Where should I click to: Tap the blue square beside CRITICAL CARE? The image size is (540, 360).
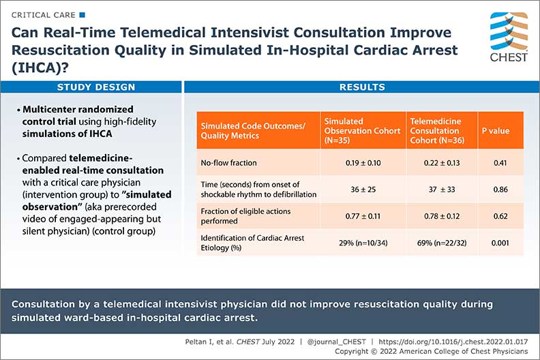click(x=82, y=14)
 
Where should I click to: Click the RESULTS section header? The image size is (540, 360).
click(x=362, y=87)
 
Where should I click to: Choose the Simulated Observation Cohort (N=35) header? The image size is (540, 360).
click(x=362, y=130)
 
